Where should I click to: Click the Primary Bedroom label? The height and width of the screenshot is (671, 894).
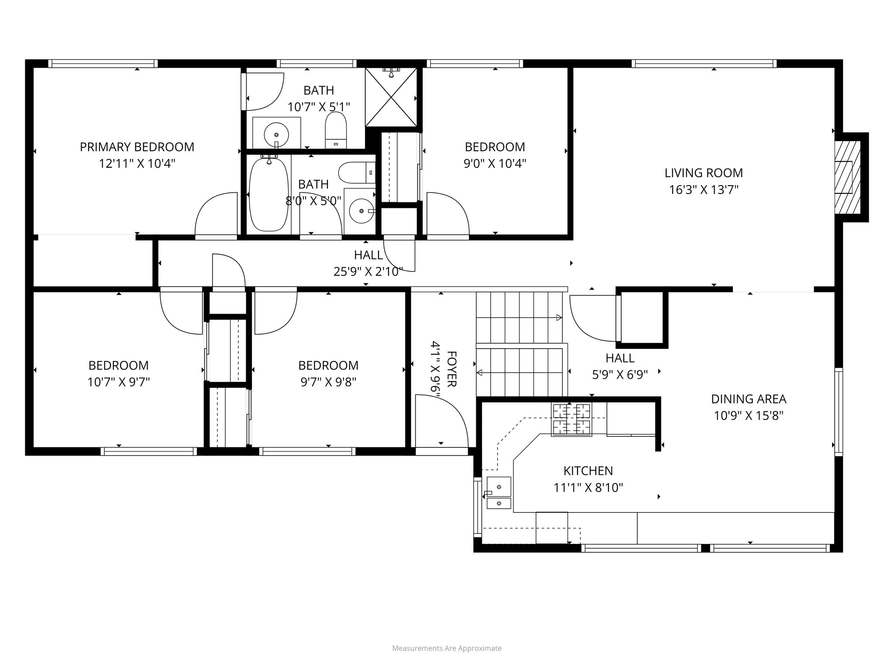tap(137, 147)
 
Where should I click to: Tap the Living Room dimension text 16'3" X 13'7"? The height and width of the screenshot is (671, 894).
tap(703, 190)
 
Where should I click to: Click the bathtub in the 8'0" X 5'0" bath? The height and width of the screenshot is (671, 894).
tap(268, 194)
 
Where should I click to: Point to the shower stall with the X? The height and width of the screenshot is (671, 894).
tap(391, 97)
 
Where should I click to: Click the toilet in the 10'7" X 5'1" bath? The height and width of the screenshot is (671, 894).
tap(336, 130)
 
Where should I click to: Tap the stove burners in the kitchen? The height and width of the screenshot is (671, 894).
tap(571, 419)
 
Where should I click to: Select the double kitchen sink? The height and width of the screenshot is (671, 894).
tap(499, 493)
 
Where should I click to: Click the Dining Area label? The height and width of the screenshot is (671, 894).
tap(748, 399)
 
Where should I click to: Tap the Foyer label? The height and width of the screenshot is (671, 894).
tap(452, 369)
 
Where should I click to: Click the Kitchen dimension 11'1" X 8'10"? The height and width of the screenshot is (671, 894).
tap(588, 488)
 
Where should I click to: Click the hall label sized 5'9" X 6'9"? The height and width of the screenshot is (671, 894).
tap(619, 358)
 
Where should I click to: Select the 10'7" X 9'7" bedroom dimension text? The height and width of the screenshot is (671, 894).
tap(118, 382)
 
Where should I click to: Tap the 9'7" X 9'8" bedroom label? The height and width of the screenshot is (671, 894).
tap(328, 365)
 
